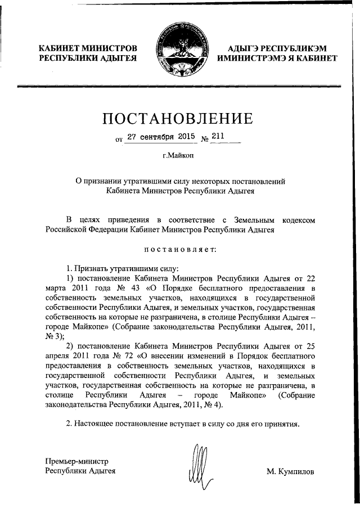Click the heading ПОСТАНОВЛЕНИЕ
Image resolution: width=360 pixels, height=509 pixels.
click(180, 119)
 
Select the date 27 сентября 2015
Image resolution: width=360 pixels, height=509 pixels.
click(160, 136)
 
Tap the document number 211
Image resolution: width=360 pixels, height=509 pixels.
click(218, 136)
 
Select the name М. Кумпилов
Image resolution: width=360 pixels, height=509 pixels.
click(291, 471)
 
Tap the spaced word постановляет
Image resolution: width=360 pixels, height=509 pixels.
click(179, 249)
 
